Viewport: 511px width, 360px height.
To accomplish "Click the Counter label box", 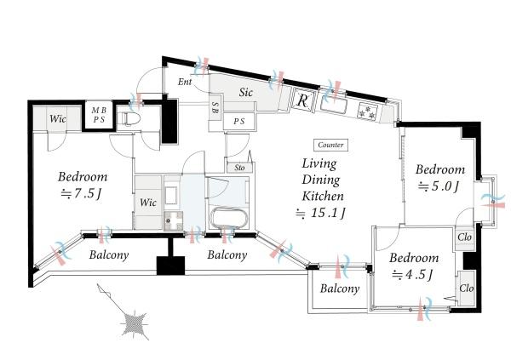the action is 330,145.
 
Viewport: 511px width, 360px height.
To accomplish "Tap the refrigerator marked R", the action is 303,100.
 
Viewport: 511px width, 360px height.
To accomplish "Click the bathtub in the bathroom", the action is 229,217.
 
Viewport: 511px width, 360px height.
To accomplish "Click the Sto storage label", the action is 239,168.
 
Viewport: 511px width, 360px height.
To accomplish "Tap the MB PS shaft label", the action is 99,116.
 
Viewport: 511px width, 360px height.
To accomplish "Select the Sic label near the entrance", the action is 246,92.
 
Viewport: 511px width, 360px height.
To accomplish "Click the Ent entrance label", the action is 185,82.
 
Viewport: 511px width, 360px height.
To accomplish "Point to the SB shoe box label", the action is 215,107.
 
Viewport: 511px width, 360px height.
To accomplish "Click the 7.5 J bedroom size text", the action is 82,194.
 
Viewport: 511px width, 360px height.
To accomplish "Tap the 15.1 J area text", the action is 320,213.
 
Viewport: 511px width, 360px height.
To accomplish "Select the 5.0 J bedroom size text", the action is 439,186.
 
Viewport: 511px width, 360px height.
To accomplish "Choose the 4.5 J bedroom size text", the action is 413,275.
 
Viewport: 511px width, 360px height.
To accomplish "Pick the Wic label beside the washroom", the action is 148,203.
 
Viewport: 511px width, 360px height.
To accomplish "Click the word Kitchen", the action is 323,196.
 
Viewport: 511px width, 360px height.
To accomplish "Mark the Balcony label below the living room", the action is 340,289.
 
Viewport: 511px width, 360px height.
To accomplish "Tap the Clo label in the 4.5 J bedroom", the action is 467,289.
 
